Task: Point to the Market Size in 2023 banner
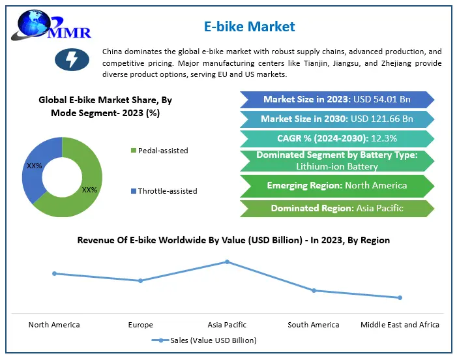(337, 100)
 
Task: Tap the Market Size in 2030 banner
(337, 119)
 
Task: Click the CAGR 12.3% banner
(337, 139)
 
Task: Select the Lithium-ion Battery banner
(337, 160)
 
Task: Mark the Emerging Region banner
(337, 185)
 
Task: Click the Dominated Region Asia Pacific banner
(337, 209)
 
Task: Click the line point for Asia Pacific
(227, 262)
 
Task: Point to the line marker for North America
(54, 273)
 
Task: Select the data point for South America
(314, 290)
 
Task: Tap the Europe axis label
(141, 325)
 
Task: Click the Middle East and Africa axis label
(400, 325)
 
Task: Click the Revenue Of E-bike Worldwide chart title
(233, 240)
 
